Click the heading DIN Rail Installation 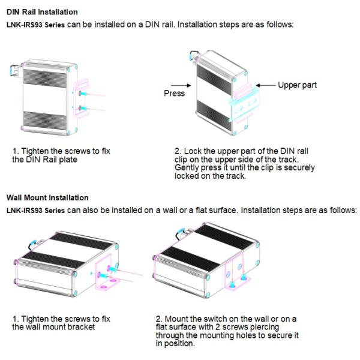(x=42, y=12)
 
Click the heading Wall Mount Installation (x=47, y=197)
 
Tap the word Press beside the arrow (x=174, y=93)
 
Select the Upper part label (x=298, y=85)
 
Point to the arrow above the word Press (x=181, y=85)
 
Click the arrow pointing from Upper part (x=266, y=85)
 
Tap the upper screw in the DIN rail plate (x=83, y=94)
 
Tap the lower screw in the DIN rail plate (x=83, y=108)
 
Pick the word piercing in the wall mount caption (x=265, y=327)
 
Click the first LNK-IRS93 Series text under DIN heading (x=35, y=25)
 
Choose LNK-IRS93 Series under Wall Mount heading (x=35, y=211)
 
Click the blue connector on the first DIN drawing (x=12, y=70)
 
